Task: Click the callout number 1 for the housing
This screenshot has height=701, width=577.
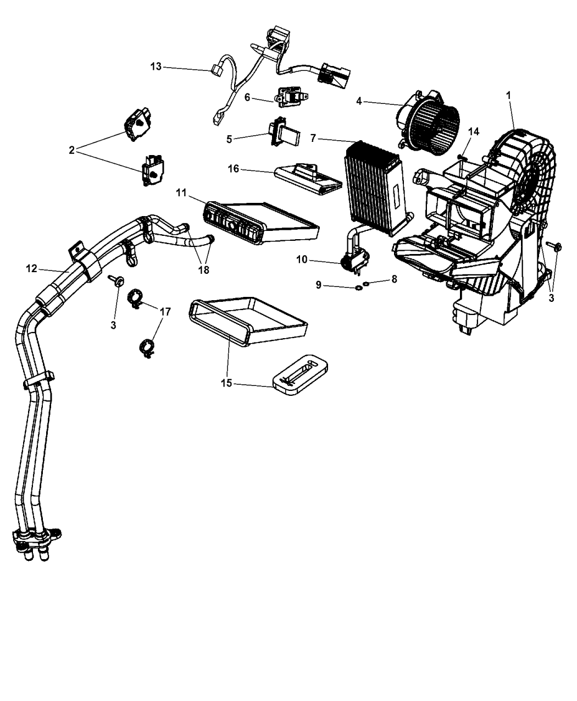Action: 508,95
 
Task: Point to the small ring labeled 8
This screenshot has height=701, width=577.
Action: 366,284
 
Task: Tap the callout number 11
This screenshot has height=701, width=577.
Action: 182,192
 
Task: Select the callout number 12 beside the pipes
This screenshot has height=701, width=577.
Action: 31,268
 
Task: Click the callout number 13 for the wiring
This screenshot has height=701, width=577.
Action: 156,67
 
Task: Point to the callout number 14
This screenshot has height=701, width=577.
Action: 473,132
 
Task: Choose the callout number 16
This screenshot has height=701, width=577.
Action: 234,169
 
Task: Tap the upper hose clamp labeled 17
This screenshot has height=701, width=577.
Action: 135,298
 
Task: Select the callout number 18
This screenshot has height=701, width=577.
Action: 204,270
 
